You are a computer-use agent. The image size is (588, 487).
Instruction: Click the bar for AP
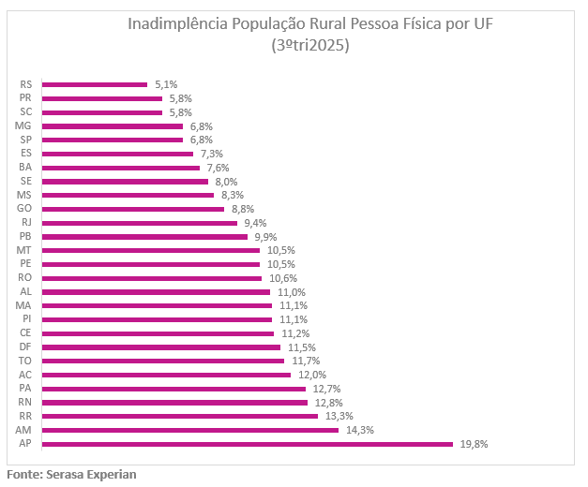pyautogui.click(x=248, y=444)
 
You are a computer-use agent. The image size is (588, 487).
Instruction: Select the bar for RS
pyautogui.click(x=95, y=84)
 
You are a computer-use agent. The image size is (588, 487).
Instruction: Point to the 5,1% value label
pyautogui.click(x=166, y=84)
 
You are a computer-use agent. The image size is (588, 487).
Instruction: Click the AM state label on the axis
pyautogui.click(x=25, y=430)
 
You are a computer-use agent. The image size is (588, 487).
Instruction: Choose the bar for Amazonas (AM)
pyautogui.click(x=190, y=430)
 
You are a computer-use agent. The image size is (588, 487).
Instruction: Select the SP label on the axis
pyautogui.click(x=26, y=140)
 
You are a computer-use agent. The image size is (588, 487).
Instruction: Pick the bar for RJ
pyautogui.click(x=140, y=223)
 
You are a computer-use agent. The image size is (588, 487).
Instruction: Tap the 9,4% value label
pyautogui.click(x=255, y=223)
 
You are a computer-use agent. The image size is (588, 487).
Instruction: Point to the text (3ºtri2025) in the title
pyautogui.click(x=309, y=45)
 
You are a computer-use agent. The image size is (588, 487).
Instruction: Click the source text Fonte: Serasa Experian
pyautogui.click(x=71, y=475)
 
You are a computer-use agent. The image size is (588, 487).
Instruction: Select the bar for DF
pyautogui.click(x=161, y=347)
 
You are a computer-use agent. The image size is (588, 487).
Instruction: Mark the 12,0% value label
pyautogui.click(x=313, y=375)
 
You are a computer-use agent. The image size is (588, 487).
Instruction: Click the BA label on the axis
pyautogui.click(x=26, y=168)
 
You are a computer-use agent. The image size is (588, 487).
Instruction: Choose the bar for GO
pyautogui.click(x=133, y=209)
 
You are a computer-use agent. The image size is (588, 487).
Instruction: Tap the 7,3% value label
pyautogui.click(x=211, y=154)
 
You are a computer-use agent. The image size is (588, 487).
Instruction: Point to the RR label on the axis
pyautogui.click(x=26, y=416)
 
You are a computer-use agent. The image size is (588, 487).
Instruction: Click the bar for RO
pyautogui.click(x=152, y=278)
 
